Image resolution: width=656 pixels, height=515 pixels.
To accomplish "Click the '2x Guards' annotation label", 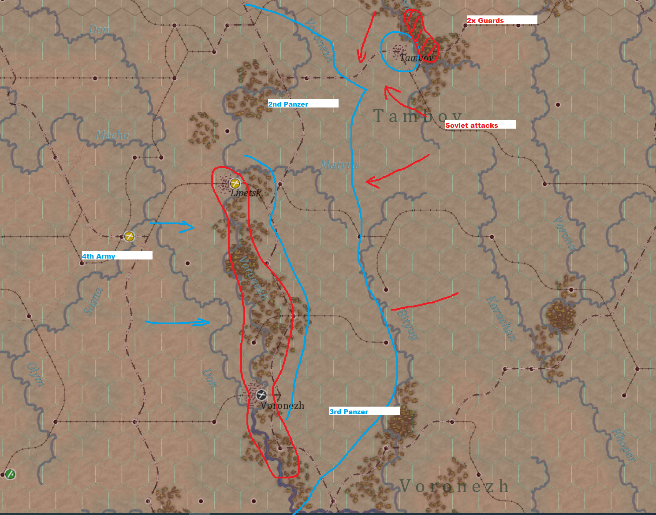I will pyautogui.click(x=485, y=20).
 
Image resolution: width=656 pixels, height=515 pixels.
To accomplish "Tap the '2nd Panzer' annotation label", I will pyautogui.click(x=288, y=104).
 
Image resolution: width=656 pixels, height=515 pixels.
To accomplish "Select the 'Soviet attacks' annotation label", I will pyautogui.click(x=472, y=125).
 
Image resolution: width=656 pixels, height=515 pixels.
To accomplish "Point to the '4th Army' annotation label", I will pyautogui.click(x=99, y=256).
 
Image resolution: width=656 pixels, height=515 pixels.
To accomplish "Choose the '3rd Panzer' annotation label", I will pyautogui.click(x=349, y=411).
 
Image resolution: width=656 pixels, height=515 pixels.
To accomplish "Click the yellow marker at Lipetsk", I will pyautogui.click(x=235, y=183).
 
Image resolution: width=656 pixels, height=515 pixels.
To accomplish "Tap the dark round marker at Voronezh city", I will pyautogui.click(x=261, y=395).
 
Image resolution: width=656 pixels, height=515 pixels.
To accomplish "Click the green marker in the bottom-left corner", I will pyautogui.click(x=10, y=474).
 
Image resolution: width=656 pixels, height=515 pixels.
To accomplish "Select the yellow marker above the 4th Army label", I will pyautogui.click(x=129, y=236).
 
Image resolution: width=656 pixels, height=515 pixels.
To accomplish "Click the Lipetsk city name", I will pyautogui.click(x=246, y=193).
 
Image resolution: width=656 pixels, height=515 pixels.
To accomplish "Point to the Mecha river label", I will pyautogui.click(x=112, y=135).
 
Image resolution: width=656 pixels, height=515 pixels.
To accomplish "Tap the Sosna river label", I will pyautogui.click(x=93, y=301).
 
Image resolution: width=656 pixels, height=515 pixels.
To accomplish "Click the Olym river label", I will pyautogui.click(x=36, y=374).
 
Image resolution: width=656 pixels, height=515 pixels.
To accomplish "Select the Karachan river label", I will pyautogui.click(x=501, y=319).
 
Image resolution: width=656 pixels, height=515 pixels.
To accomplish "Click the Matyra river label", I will pyautogui.click(x=339, y=165).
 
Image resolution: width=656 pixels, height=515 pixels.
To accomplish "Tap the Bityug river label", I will pyautogui.click(x=407, y=325).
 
